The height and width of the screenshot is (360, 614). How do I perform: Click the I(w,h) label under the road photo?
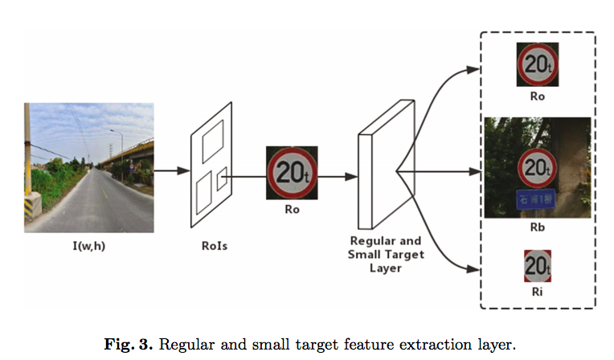tap(89, 245)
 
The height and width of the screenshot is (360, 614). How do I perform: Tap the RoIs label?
tap(215, 245)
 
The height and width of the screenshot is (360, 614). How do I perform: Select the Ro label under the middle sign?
tap(292, 211)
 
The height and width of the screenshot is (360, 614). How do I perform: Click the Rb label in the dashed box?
tap(537, 229)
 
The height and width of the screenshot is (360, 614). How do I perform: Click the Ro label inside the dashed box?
tap(537, 96)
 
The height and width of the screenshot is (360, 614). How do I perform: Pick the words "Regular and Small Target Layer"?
tap(386, 254)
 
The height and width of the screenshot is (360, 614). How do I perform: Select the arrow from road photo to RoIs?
tap(170, 170)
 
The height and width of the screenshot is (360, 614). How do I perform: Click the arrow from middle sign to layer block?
tap(338, 173)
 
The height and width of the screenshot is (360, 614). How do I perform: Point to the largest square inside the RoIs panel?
tap(215, 145)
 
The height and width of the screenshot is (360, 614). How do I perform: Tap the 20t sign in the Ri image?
tap(537, 264)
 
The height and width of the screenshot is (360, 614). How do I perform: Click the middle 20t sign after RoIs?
tap(292, 173)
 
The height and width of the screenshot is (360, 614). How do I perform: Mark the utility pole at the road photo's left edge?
tap(29, 161)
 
